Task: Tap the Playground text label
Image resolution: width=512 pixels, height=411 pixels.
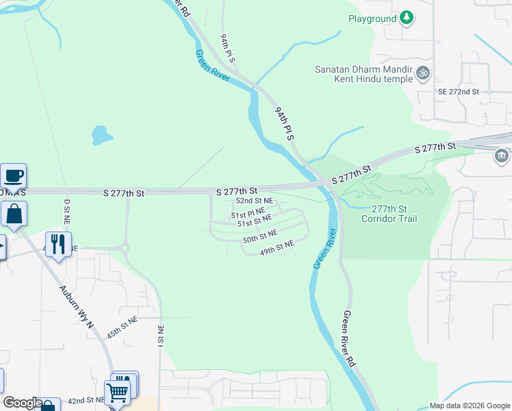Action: (372, 19)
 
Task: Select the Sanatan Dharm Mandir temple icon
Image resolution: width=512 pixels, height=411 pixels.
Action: (424, 71)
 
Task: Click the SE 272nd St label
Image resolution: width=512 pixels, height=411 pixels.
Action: (458, 91)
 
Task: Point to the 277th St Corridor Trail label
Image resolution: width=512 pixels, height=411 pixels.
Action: (394, 214)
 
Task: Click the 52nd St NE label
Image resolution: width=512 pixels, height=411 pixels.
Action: (255, 201)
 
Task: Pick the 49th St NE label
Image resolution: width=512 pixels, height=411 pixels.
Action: (277, 247)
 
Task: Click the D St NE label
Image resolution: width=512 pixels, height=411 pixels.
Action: (67, 212)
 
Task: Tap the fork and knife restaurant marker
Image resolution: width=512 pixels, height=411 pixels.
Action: (58, 244)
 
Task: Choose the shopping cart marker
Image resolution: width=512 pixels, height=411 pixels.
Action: (117, 393)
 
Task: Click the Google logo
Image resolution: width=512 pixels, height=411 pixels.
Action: (23, 403)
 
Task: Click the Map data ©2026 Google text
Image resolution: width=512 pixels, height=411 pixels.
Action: (469, 406)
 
